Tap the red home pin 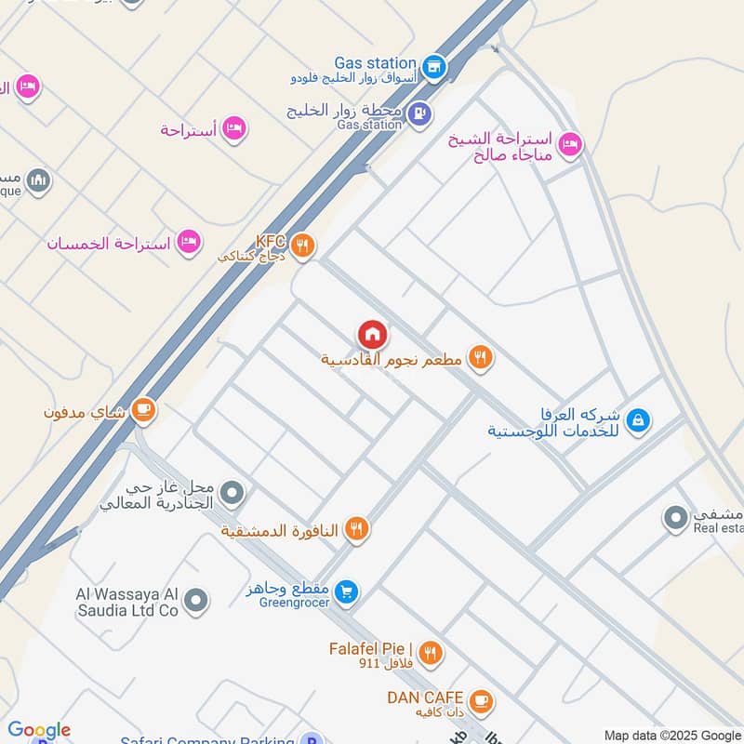[372, 334]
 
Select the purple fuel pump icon [419, 113]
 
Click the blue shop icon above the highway [432, 66]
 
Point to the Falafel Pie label [370, 648]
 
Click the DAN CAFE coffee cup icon [480, 698]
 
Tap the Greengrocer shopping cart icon [346, 591]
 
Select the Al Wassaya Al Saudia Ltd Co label [127, 602]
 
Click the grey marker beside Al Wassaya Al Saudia [194, 602]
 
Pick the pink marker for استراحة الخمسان [190, 242]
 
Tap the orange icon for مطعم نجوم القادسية [480, 357]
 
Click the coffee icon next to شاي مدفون [143, 409]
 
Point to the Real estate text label [719, 528]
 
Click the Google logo [38, 731]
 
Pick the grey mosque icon [38, 179]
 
